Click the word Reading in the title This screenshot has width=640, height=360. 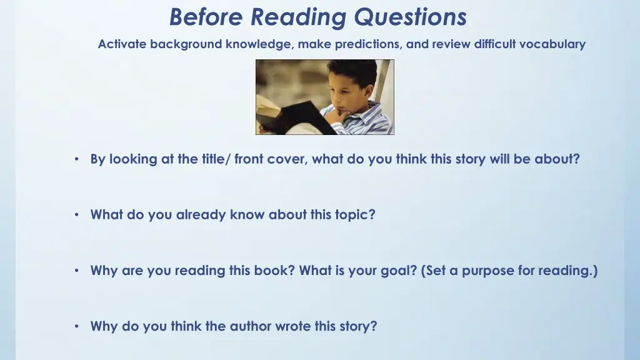pyautogui.click(x=299, y=17)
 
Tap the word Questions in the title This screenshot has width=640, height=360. pyautogui.click(x=410, y=17)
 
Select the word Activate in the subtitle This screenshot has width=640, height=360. pyautogui.click(x=122, y=44)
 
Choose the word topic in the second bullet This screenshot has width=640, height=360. pyautogui.click(x=355, y=215)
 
